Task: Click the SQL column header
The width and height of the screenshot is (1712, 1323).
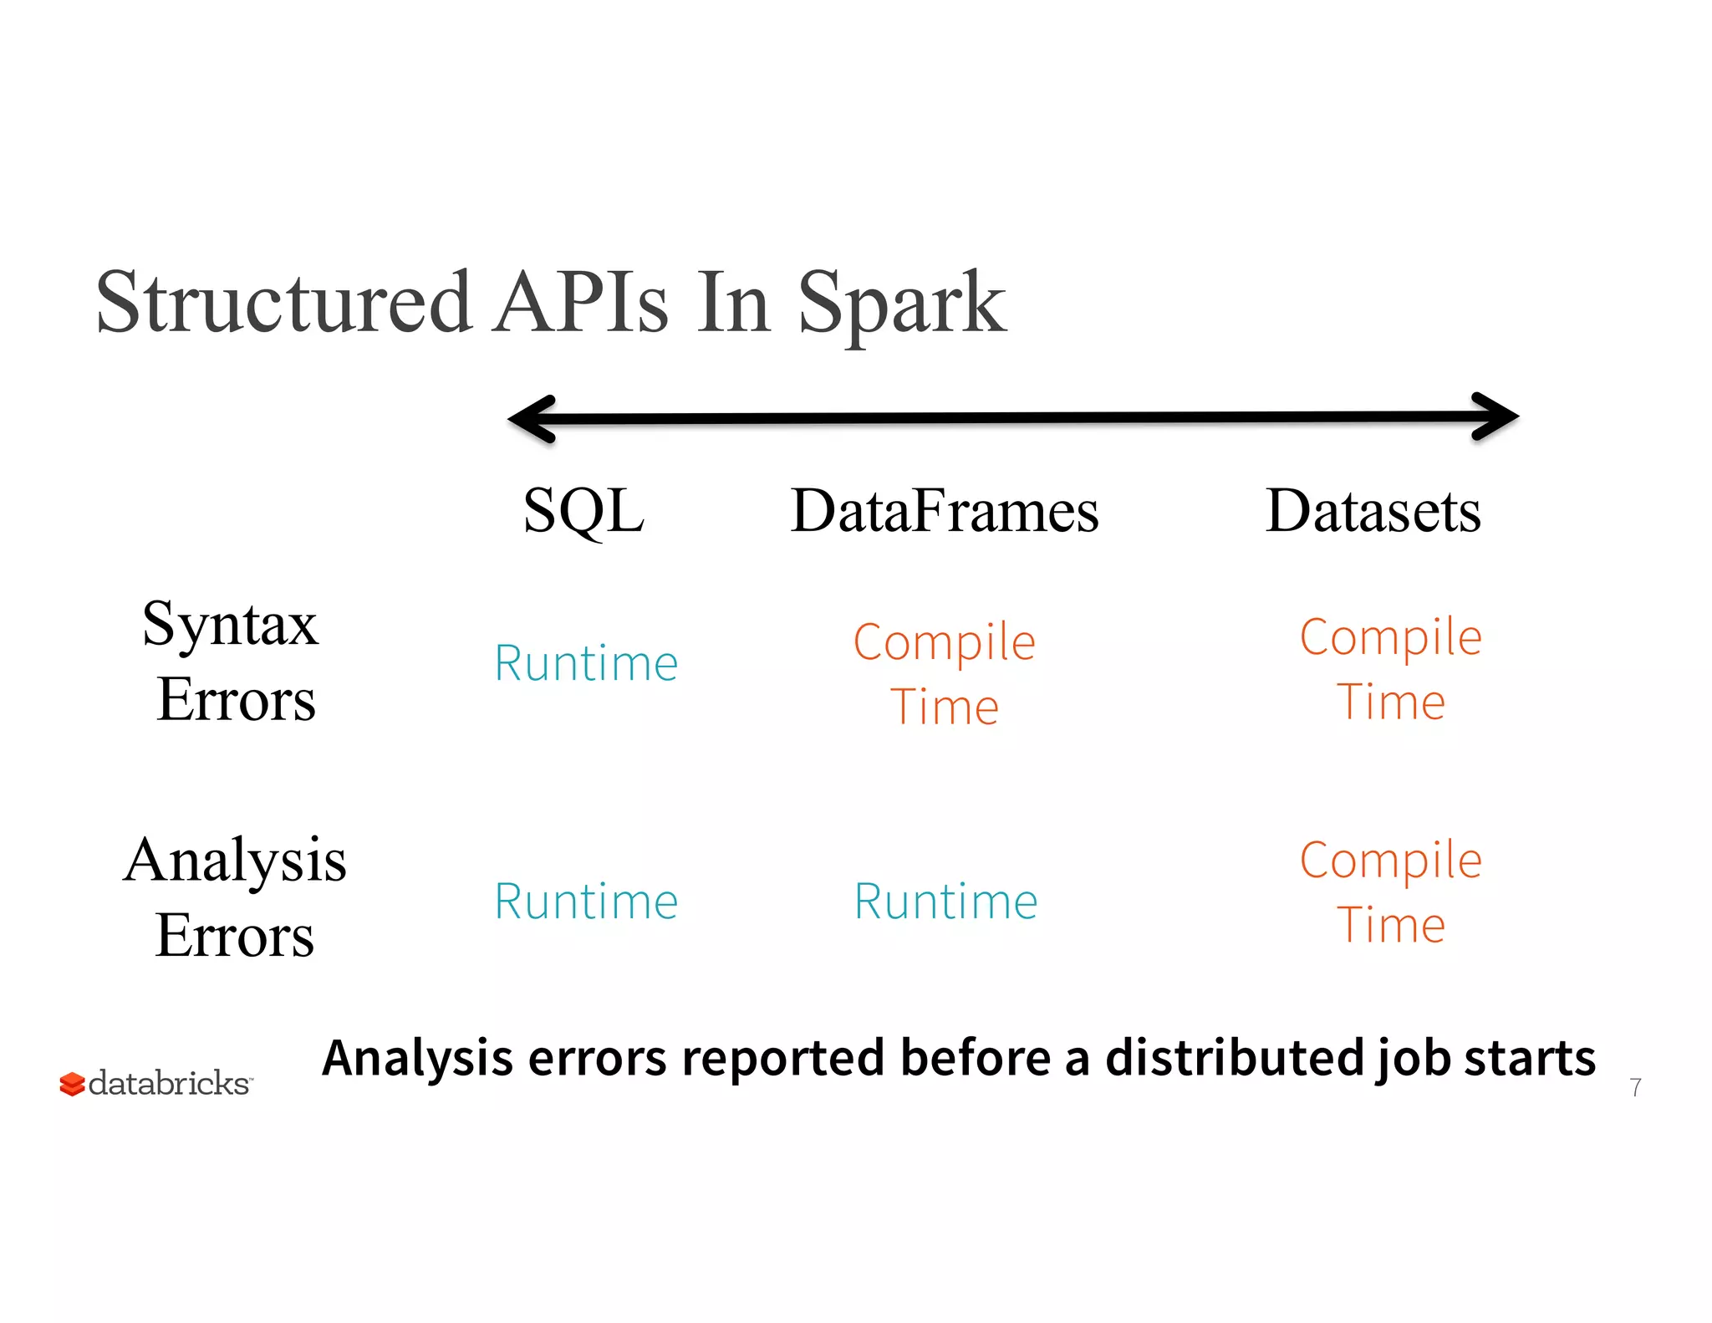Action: tap(583, 510)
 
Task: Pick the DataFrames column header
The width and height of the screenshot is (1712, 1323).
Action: tap(945, 510)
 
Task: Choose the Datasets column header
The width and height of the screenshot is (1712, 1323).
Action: tap(1373, 510)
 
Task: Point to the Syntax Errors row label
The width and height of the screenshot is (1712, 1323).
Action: tap(232, 661)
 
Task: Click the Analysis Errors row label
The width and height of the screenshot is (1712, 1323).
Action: tap(234, 896)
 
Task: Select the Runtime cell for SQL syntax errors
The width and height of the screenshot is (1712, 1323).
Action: tap(586, 663)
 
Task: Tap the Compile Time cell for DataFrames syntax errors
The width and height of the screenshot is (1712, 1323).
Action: tap(945, 674)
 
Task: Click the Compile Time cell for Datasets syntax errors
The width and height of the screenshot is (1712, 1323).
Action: tap(1391, 669)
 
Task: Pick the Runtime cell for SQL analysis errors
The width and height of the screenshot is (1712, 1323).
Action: tap(586, 902)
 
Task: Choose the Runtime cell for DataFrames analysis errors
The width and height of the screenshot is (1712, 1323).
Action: tap(945, 902)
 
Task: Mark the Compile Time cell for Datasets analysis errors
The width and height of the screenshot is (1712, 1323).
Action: tap(1391, 892)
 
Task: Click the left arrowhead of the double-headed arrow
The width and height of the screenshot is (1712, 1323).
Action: tap(532, 418)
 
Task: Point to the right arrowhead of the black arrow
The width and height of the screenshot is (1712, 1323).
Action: tap(1495, 416)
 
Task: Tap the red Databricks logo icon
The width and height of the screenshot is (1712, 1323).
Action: tap(72, 1085)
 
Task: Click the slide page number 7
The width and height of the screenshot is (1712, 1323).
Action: tap(1635, 1087)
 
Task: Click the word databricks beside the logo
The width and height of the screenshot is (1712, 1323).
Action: tap(169, 1083)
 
